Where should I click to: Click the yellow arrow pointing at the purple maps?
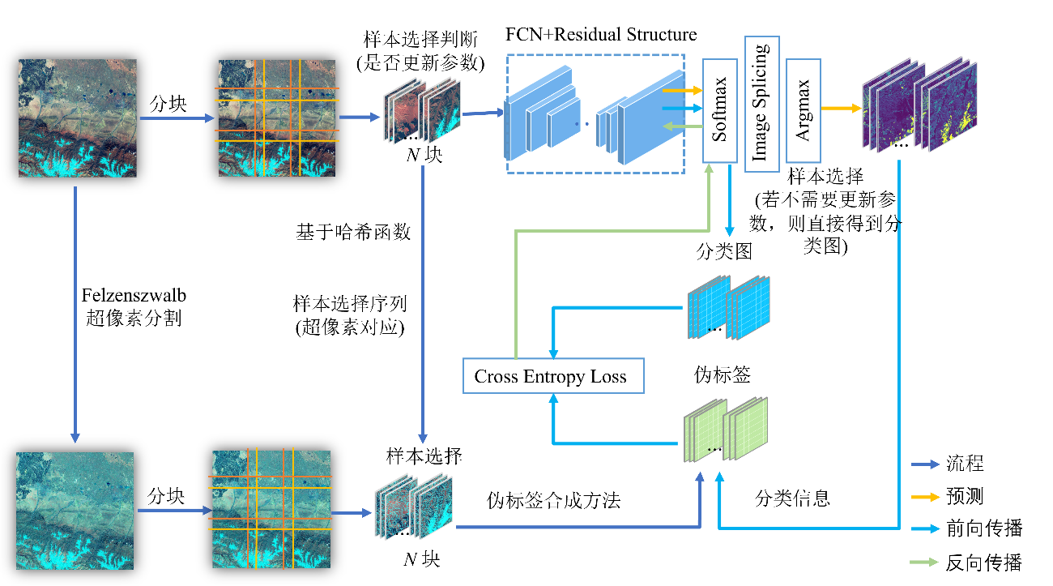pyautogui.click(x=841, y=108)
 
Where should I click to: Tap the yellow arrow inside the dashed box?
pyautogui.click(x=682, y=91)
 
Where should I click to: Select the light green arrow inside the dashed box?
pyautogui.click(x=682, y=126)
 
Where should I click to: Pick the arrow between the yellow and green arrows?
pyautogui.click(x=682, y=108)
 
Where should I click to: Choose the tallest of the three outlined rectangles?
pyautogui.click(x=762, y=104)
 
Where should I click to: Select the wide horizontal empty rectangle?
pyautogui.click(x=553, y=375)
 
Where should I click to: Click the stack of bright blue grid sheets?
pyautogui.click(x=729, y=307)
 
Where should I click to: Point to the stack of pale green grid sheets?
pyautogui.click(x=726, y=430)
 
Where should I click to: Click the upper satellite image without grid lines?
pyautogui.click(x=78, y=118)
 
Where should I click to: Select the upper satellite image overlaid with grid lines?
pyautogui.click(x=277, y=118)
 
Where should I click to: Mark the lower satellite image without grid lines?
pyautogui.click(x=75, y=511)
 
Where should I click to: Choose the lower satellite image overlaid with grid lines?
pyautogui.click(x=271, y=510)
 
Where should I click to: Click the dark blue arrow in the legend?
pyautogui.click(x=925, y=464)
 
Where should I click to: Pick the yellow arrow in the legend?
pyautogui.click(x=925, y=497)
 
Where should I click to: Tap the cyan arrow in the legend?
pyautogui.click(x=925, y=529)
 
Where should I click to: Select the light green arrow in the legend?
pyautogui.click(x=925, y=562)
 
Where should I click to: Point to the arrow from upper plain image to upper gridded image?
pyautogui.click(x=177, y=118)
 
